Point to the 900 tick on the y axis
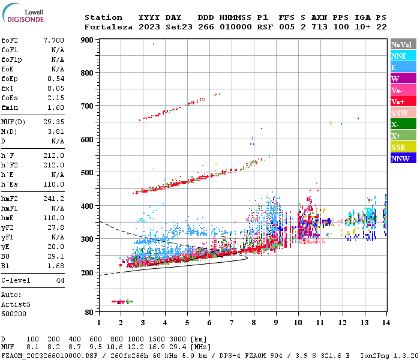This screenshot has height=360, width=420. click(88, 40)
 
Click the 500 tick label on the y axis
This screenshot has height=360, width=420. click(88, 173)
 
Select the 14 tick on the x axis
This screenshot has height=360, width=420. click(385, 322)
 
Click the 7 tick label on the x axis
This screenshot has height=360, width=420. click(231, 322)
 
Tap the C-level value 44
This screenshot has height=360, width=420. click(60, 280)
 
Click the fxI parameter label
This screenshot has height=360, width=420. click(8, 88)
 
